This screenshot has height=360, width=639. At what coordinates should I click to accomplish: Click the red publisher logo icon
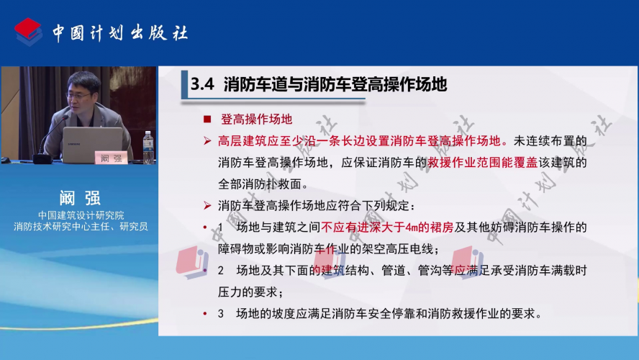(x=28, y=32)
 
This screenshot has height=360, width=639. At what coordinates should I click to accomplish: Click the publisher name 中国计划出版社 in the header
(x=120, y=33)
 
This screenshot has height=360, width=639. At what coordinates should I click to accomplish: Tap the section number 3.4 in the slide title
(x=202, y=84)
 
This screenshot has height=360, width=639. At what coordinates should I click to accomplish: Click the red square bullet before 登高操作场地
(x=207, y=119)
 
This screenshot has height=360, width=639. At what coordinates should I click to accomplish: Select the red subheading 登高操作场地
(x=257, y=119)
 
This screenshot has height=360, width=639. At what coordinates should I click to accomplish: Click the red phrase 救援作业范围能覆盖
(x=483, y=162)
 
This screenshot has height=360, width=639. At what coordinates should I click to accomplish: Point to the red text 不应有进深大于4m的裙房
(x=387, y=227)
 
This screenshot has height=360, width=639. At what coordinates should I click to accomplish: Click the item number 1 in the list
(x=220, y=227)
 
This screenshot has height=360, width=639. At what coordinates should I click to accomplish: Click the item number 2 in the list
(x=220, y=270)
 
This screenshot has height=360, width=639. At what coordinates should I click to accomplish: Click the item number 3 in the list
(x=220, y=313)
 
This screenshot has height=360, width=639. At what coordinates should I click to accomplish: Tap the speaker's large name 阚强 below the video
(x=80, y=198)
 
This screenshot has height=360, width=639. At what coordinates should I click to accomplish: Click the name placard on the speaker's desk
(x=112, y=158)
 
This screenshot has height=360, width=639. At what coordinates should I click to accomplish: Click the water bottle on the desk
(x=148, y=147)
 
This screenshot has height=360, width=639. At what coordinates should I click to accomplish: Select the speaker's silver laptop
(x=93, y=145)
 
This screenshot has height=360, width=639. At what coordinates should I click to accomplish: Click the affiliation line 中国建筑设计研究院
(x=81, y=215)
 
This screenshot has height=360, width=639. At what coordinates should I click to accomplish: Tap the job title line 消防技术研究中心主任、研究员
(x=81, y=226)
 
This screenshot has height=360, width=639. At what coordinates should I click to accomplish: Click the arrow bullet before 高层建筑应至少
(x=207, y=141)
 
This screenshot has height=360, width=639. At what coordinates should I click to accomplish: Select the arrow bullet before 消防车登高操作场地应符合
(x=207, y=205)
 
